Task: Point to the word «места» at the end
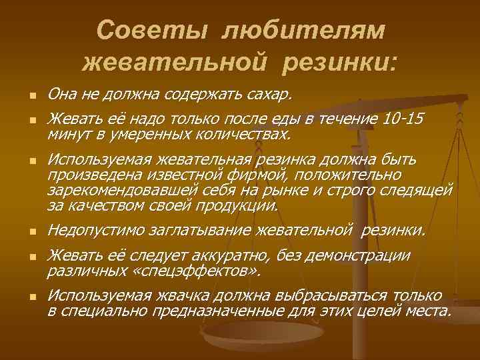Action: tap(429, 311)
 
